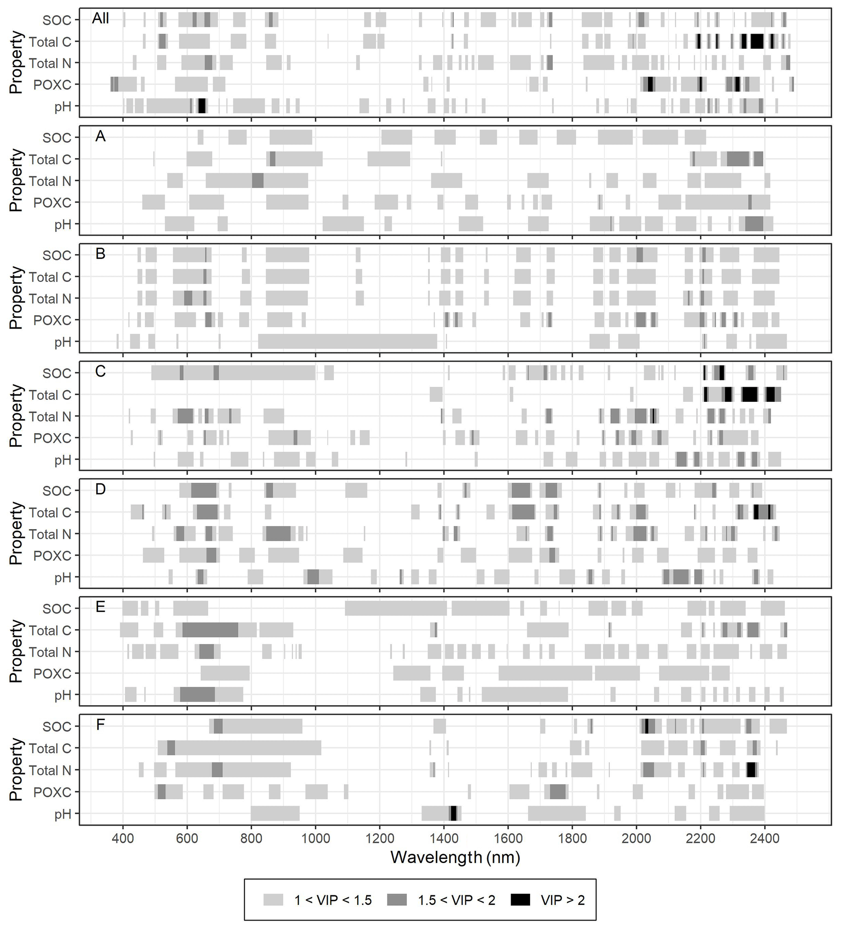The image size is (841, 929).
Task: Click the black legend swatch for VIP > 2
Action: [x=520, y=900]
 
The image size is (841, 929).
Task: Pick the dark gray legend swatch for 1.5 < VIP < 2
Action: [x=397, y=900]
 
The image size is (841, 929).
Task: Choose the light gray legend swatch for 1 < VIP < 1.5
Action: [x=273, y=900]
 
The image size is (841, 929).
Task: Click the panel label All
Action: [x=100, y=18]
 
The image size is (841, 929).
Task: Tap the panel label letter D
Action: [x=100, y=489]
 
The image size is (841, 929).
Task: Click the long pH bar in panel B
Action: [x=347, y=342]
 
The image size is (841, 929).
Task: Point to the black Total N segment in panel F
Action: [x=751, y=770]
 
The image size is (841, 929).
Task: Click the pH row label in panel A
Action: [x=63, y=224]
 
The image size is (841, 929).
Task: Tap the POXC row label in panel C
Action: [x=52, y=438]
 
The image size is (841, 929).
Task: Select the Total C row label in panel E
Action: [x=50, y=630]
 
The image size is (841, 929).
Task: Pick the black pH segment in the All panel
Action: [x=202, y=106]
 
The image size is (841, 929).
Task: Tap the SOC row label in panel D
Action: [x=57, y=491]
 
